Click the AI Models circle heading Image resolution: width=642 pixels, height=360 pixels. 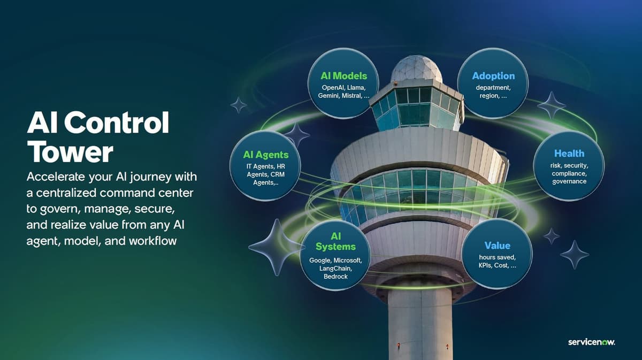tap(344, 76)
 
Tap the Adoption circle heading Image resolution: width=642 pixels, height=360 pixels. tap(493, 76)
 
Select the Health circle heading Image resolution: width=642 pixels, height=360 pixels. tap(569, 154)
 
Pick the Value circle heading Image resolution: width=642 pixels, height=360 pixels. tap(497, 246)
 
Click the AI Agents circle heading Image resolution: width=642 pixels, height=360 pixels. tap(266, 155)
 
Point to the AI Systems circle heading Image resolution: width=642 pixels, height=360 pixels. tap(335, 241)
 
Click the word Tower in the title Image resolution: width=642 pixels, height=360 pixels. tap(70, 152)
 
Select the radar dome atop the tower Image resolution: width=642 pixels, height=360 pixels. tap(416, 68)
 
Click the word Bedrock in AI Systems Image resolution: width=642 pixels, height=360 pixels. tap(335, 277)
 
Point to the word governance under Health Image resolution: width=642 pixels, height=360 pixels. tap(569, 181)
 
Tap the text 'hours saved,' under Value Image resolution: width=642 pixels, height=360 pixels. tap(497, 257)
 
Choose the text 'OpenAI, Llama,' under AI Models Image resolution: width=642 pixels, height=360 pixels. tap(343, 87)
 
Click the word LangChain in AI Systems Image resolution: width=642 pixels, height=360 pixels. tap(335, 269)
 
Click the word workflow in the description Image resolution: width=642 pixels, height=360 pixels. tap(152, 241)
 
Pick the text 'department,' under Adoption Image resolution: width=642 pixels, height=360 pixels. tap(493, 87)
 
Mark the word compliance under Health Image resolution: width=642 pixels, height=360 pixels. tap(569, 174)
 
